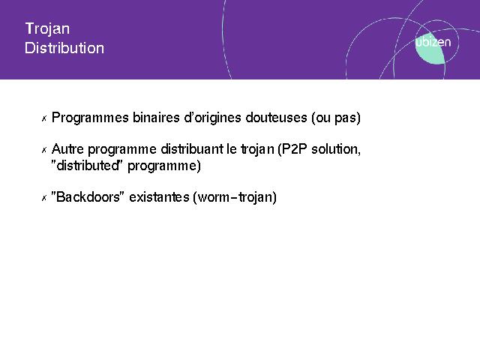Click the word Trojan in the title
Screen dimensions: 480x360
(47, 29)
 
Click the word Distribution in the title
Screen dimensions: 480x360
(64, 48)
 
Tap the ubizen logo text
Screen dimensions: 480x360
(433, 42)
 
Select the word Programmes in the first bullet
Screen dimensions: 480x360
(90, 118)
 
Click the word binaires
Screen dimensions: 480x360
(156, 117)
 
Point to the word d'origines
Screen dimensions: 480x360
(212, 118)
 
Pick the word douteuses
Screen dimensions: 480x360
(276, 118)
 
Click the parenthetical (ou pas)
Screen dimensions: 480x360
(336, 118)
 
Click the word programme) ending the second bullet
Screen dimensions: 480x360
(164, 166)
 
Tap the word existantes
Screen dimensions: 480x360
(159, 196)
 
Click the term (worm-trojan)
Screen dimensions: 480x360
(235, 197)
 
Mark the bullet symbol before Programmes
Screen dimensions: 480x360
(44, 118)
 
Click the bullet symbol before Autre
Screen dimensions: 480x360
(44, 150)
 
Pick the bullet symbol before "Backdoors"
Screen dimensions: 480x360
(44, 198)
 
